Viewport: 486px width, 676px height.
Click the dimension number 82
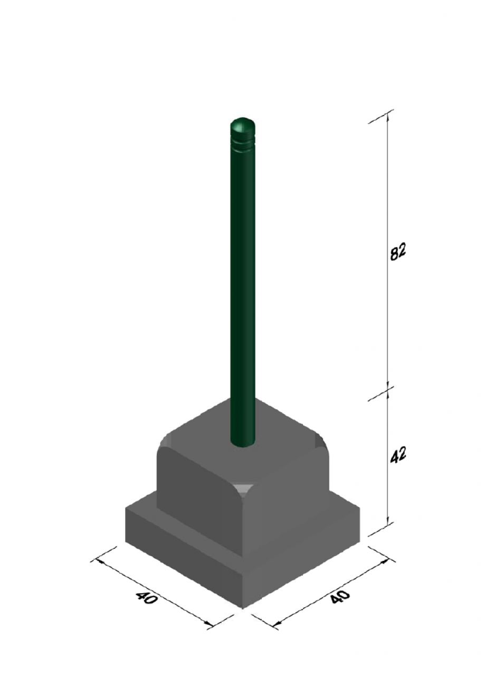click(x=398, y=250)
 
